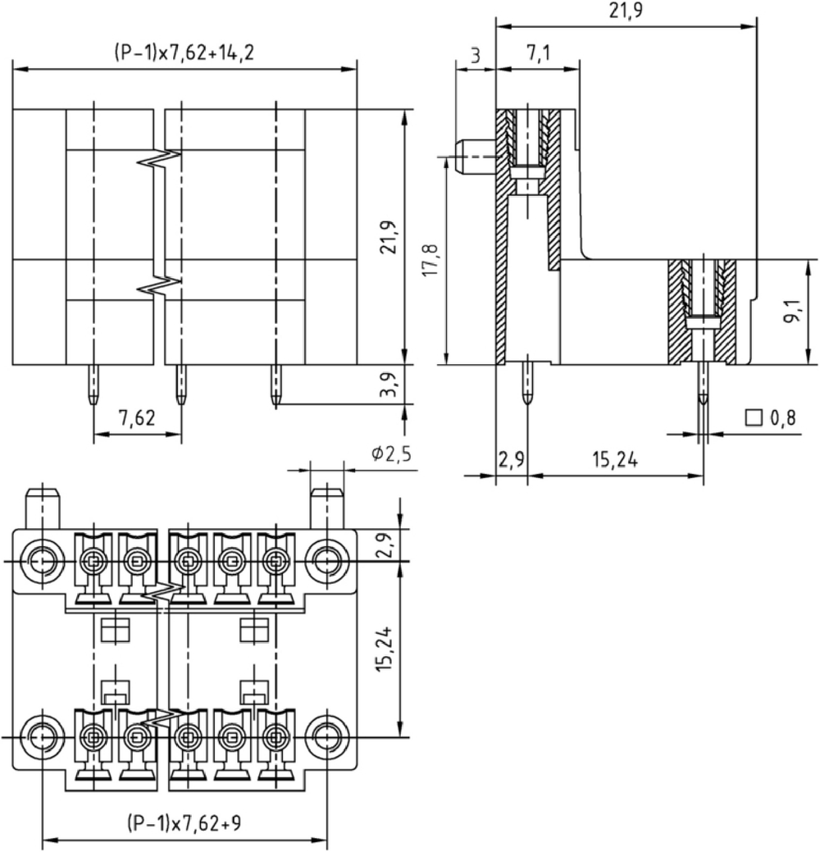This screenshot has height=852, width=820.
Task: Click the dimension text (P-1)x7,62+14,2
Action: coord(184,52)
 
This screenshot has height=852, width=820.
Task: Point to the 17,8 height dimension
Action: coord(431,260)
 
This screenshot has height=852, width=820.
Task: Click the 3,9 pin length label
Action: coord(389,384)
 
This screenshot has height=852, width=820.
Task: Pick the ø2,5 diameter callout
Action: coord(391,453)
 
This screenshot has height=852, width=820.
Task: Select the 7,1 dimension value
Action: coord(539,53)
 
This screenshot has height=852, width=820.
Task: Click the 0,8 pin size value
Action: coord(783,417)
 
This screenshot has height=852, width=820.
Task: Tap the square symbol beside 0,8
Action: coord(754,417)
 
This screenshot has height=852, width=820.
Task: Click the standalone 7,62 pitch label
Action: coord(137,417)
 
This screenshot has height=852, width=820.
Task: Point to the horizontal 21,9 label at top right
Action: coord(626,10)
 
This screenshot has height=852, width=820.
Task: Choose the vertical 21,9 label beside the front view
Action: coord(389,237)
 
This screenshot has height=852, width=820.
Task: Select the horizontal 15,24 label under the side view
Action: coord(615,460)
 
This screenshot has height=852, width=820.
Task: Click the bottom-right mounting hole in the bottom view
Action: coord(326,737)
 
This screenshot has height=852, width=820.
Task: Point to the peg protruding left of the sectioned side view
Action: coord(476,157)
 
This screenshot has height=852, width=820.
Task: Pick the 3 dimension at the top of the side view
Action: coord(475,55)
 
